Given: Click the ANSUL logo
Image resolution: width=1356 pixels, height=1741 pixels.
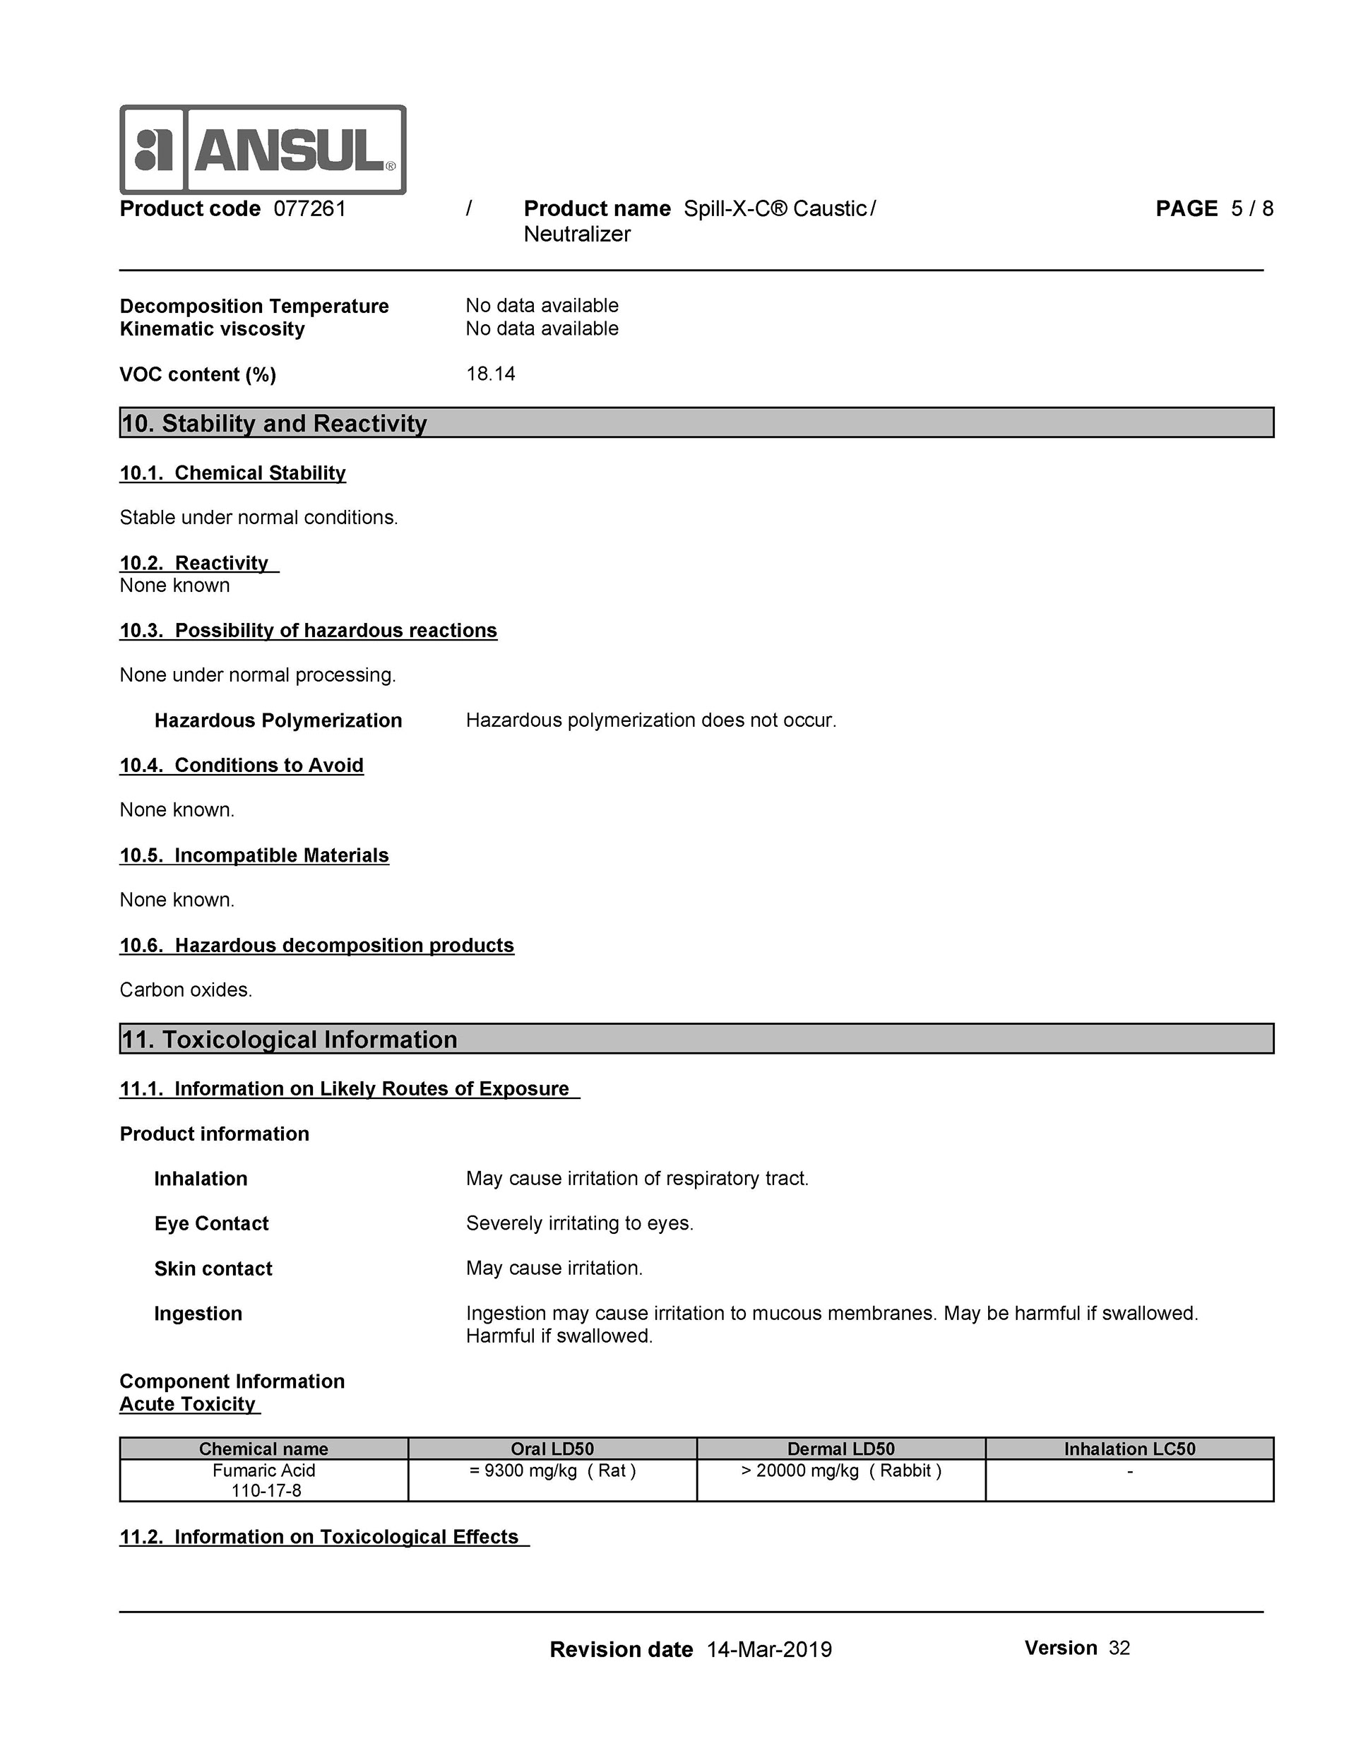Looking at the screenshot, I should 262,150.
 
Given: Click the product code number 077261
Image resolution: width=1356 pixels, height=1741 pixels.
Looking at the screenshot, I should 309,209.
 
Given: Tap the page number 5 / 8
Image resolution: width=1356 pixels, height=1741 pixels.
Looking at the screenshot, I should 1251,209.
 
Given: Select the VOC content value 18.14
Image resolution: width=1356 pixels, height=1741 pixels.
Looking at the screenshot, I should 490,374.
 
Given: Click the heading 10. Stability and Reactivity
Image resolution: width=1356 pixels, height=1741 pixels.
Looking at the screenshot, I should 273,423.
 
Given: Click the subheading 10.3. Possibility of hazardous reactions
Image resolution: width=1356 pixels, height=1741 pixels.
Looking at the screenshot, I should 308,631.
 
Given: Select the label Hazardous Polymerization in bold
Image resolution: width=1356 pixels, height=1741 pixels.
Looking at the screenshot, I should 278,720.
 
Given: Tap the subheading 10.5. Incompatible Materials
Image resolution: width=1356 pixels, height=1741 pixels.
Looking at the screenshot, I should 254,855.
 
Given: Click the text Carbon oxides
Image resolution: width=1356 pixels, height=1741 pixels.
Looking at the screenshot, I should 186,990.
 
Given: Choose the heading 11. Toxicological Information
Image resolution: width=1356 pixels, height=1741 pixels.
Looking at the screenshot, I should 289,1040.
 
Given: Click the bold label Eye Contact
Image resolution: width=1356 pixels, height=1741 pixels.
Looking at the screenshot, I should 211,1223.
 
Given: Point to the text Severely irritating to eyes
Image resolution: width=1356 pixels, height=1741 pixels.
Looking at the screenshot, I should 580,1223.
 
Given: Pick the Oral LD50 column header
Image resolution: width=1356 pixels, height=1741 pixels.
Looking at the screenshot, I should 552,1449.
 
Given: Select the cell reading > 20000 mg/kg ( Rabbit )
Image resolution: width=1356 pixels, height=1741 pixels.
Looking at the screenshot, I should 841,1470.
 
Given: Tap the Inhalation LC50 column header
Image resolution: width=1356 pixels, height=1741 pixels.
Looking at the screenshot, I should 1129,1449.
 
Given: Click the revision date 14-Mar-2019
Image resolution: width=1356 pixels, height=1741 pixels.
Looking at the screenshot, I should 768,1649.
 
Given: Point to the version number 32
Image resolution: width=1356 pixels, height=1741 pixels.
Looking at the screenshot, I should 1119,1648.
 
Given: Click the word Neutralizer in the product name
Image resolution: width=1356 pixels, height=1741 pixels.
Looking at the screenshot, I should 576,234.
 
